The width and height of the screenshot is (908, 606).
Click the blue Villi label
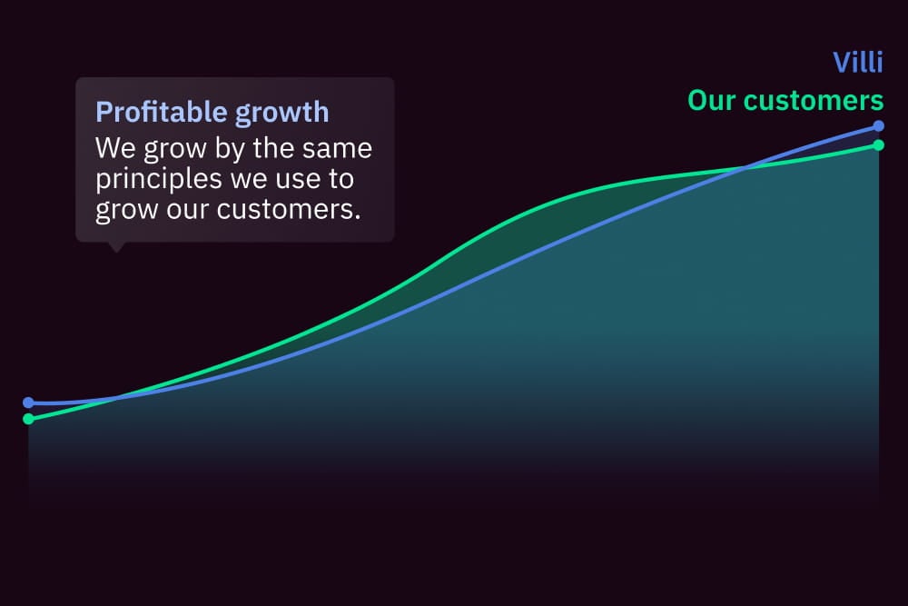tap(858, 62)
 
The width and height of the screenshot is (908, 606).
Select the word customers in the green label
tap(814, 100)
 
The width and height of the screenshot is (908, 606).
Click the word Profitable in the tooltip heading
tap(162, 113)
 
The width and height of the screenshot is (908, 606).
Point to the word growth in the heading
tap(282, 113)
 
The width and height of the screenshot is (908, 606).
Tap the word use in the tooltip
tap(299, 180)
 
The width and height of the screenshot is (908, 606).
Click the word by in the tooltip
tap(230, 150)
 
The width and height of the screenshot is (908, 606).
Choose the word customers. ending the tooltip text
tap(289, 209)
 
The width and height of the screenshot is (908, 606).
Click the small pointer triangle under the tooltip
tap(116, 247)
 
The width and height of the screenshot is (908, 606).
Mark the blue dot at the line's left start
tap(28, 402)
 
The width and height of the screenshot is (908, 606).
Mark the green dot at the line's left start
tap(28, 418)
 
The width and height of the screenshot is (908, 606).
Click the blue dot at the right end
tap(878, 125)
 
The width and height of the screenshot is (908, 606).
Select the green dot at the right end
tap(878, 144)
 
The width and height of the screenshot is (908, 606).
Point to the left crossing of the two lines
tap(117, 398)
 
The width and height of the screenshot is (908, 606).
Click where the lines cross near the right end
tap(745, 169)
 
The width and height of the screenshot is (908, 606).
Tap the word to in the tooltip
tap(341, 179)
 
